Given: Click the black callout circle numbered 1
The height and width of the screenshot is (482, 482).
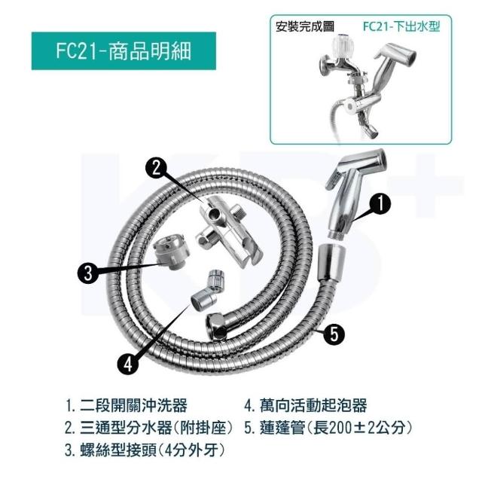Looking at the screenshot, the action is click(x=380, y=203).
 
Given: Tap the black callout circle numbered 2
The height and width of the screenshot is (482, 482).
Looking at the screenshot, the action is click(x=156, y=168).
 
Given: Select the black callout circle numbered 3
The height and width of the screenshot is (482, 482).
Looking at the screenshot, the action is click(x=88, y=273).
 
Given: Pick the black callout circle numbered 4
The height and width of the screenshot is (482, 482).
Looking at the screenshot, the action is click(x=128, y=364).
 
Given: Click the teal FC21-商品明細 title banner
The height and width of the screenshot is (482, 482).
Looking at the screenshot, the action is click(x=124, y=50).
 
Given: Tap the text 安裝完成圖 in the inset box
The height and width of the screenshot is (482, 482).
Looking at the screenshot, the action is click(x=304, y=27).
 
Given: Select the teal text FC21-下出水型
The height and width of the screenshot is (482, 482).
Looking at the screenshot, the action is click(x=401, y=26).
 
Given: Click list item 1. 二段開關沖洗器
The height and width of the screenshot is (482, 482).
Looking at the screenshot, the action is click(x=127, y=405).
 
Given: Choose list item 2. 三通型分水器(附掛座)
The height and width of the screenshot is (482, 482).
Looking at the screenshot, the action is click(x=148, y=428).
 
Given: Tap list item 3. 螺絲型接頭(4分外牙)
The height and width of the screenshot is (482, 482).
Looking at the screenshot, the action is click(x=144, y=450).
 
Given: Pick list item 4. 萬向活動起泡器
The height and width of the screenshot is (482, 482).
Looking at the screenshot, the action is click(x=306, y=405).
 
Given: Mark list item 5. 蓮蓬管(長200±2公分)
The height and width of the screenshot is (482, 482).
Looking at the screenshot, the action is click(x=328, y=428).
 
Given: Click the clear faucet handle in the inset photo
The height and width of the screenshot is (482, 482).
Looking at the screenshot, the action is click(x=343, y=45).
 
